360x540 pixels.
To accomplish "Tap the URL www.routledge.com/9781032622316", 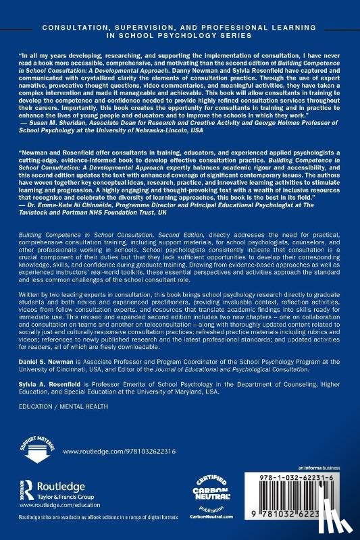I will click(x=109, y=450).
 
